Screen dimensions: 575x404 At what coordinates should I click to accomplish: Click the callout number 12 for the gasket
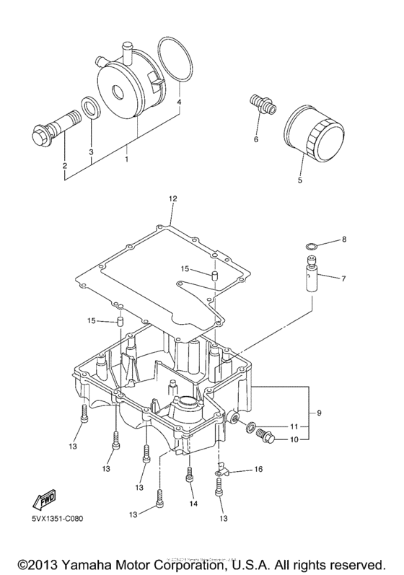[x=172, y=198]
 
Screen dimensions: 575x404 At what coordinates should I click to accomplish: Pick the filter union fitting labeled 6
[x=260, y=105]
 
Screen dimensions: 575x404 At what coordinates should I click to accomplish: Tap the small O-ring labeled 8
[x=309, y=247]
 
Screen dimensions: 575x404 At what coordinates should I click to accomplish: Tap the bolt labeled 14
[x=190, y=475]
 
